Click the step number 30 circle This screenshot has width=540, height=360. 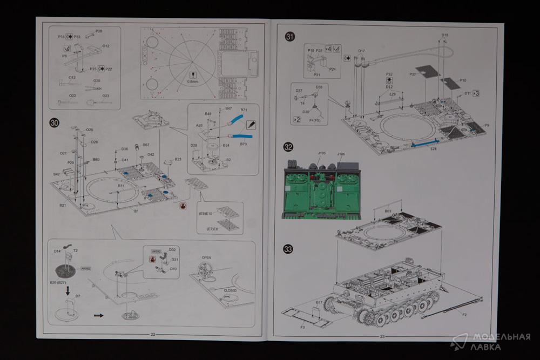pos(54,123)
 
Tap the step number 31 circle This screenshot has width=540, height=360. pos(290,37)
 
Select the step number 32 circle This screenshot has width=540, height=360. pos(288,147)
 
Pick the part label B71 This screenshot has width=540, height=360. pos(244,110)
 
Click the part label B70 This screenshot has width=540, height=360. pos(244,145)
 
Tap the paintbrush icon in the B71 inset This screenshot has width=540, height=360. pos(251,124)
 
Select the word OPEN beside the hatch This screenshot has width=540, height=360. pos(206,258)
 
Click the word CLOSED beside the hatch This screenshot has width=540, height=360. pos(230,290)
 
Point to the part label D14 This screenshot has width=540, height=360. pos(57,251)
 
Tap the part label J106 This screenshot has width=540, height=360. pos(341,154)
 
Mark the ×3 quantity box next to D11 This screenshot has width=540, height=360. pos(475,93)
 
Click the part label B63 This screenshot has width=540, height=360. pos(388,210)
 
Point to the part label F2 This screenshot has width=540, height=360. pos(464,314)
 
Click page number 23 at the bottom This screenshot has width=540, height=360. pos(382,335)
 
